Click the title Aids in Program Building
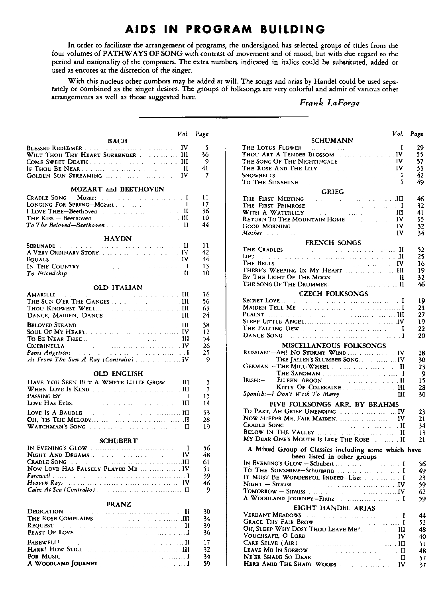[x=224, y=29]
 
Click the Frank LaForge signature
[x=329, y=103]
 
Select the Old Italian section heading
[x=118, y=287]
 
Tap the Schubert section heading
[x=118, y=441]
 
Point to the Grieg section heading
[x=332, y=191]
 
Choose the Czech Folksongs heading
[x=333, y=294]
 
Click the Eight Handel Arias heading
[x=334, y=508]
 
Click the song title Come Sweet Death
[x=57, y=162]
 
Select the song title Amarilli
[x=41, y=294]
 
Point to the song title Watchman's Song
[x=56, y=426]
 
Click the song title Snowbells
[x=259, y=175]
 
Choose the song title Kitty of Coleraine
[x=308, y=387]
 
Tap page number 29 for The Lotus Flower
[x=420, y=148]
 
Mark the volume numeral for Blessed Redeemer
[x=184, y=148]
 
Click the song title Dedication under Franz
[x=45, y=511]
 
